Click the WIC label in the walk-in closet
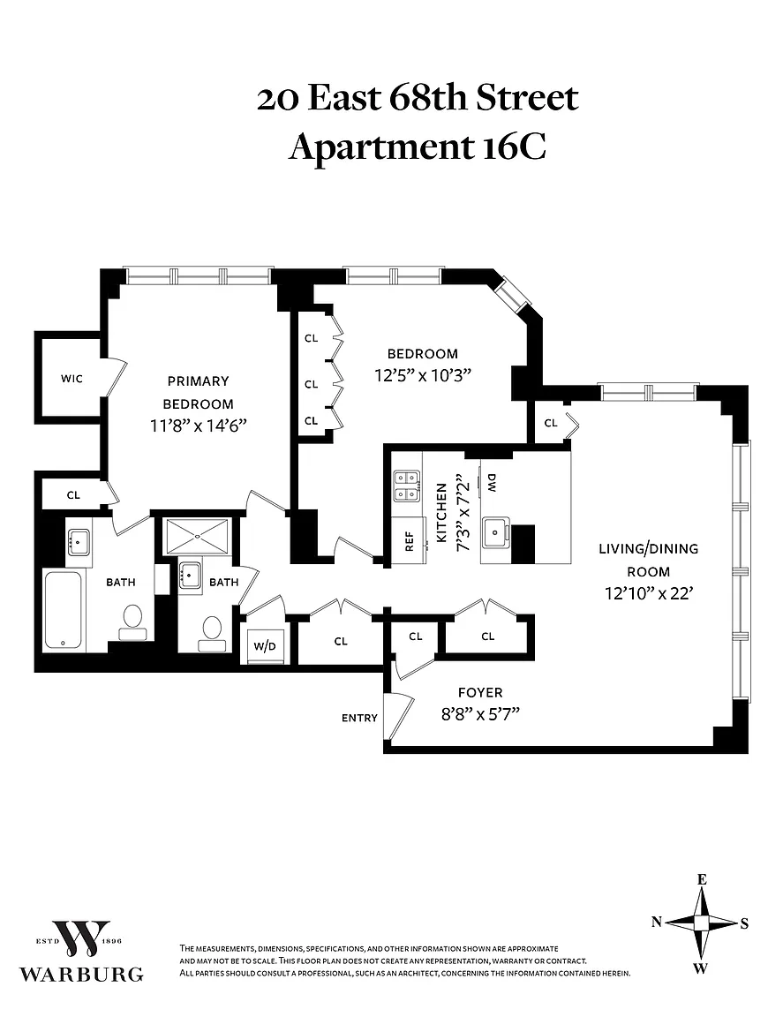pyautogui.click(x=72, y=379)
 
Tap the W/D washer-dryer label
pyautogui.click(x=265, y=646)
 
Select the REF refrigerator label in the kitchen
pyautogui.click(x=410, y=541)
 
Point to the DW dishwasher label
pyautogui.click(x=492, y=482)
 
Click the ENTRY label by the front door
pyautogui.click(x=359, y=718)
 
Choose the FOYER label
pyautogui.click(x=480, y=693)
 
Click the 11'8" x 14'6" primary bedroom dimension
pyautogui.click(x=199, y=426)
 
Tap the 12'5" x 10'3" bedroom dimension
pyautogui.click(x=422, y=375)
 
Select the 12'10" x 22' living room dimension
pyautogui.click(x=649, y=593)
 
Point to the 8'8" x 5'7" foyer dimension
pyautogui.click(x=480, y=714)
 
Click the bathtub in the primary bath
pyautogui.click(x=63, y=610)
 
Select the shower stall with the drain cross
pyautogui.click(x=195, y=537)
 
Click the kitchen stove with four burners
pyautogui.click(x=407, y=486)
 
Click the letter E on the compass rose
pyautogui.click(x=701, y=880)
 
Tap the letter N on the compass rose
pyautogui.click(x=657, y=922)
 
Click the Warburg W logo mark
pyautogui.click(x=81, y=938)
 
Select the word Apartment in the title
pyautogui.click(x=380, y=148)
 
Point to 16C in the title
pyautogui.click(x=514, y=147)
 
